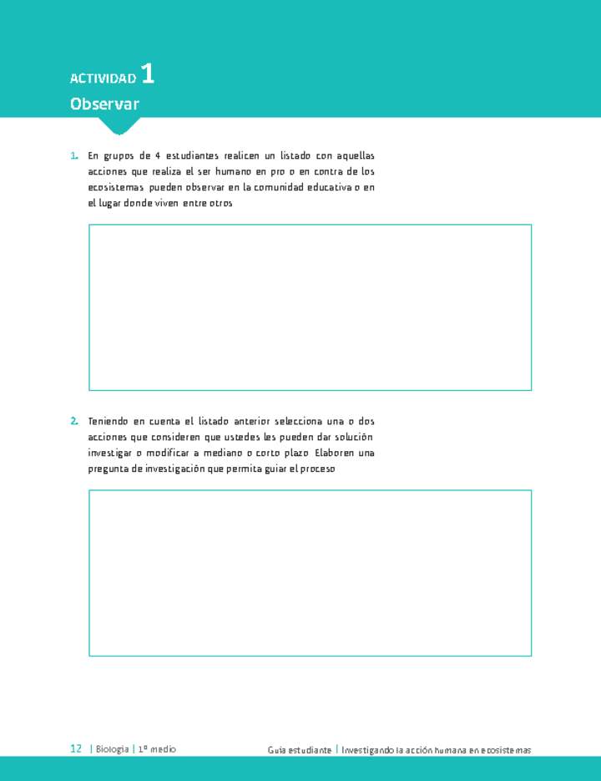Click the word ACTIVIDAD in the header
coord(103,79)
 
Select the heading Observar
coord(104,104)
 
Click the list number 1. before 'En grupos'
coord(74,156)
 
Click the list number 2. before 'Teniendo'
coord(74,421)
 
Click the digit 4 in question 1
coord(156,156)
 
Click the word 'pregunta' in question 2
coord(108,469)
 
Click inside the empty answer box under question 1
coord(310,307)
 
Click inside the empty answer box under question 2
coord(310,572)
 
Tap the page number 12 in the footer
coord(76,749)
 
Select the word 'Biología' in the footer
coord(113,749)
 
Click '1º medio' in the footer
coord(157,749)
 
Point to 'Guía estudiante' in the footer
coord(300,750)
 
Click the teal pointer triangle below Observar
coord(119,125)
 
